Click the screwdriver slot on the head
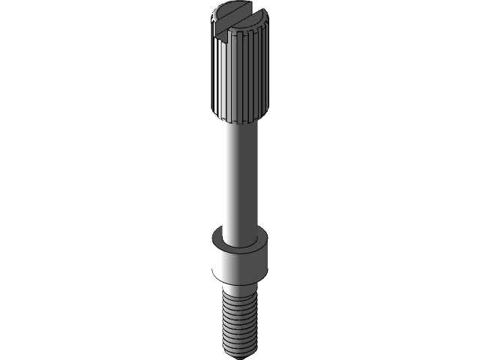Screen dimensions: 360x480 (x=238, y=19)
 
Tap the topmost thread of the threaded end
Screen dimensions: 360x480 (x=239, y=299)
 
